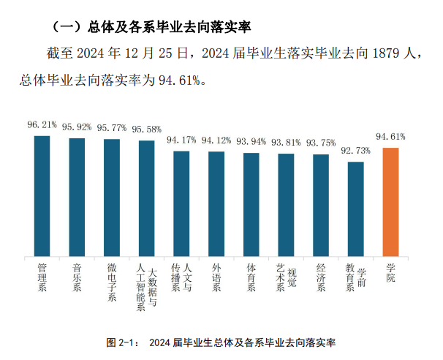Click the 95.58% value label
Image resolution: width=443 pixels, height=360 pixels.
(x=146, y=130)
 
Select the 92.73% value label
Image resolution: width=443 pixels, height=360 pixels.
(x=356, y=151)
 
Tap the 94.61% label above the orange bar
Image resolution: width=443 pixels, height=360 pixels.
(x=391, y=137)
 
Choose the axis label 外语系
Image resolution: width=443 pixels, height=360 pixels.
(x=216, y=277)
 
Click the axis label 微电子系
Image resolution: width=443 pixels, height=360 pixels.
(x=112, y=282)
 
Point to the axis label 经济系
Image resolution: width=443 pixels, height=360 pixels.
(x=321, y=277)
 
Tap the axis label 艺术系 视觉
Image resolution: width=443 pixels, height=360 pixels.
(x=286, y=277)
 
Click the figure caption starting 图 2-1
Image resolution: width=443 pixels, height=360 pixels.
(x=221, y=342)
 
